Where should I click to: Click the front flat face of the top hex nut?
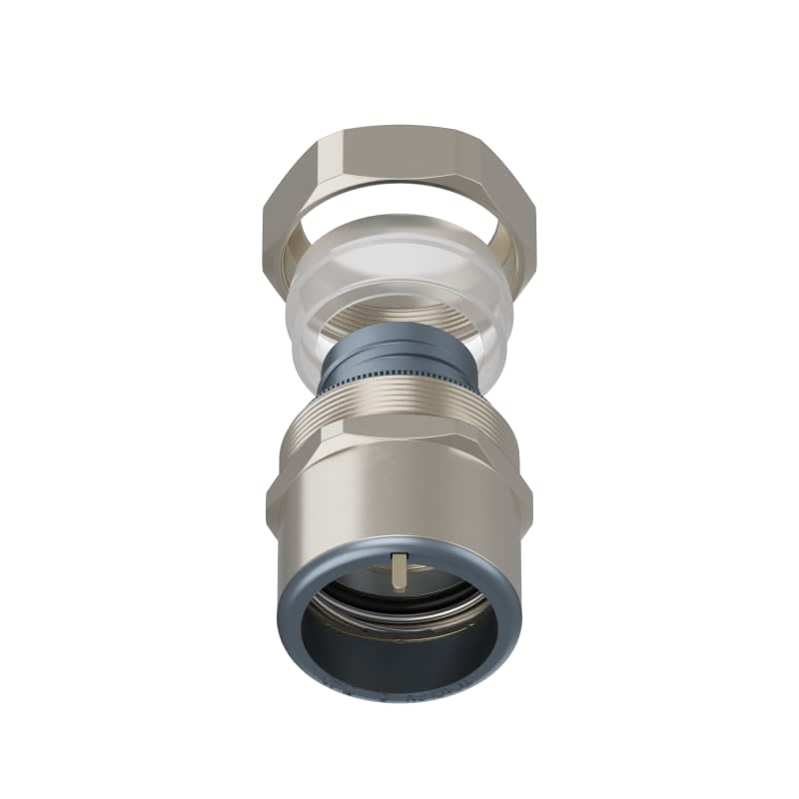click(x=399, y=160)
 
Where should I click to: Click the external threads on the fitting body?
click(x=399, y=415)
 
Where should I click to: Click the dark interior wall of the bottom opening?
click(x=399, y=649)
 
